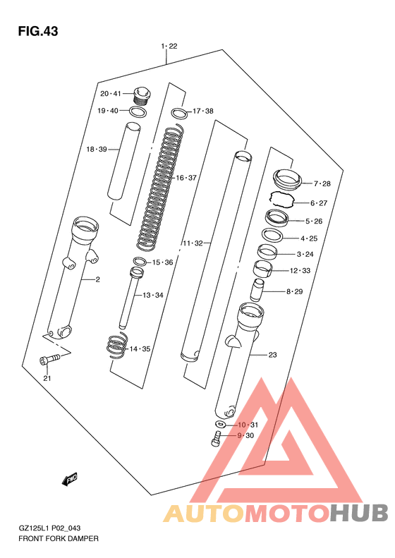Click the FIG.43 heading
click(x=38, y=31)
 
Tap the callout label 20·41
click(x=111, y=94)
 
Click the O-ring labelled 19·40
click(x=138, y=111)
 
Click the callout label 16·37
click(x=186, y=178)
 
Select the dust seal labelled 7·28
click(x=287, y=180)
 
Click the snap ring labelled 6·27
click(x=281, y=199)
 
